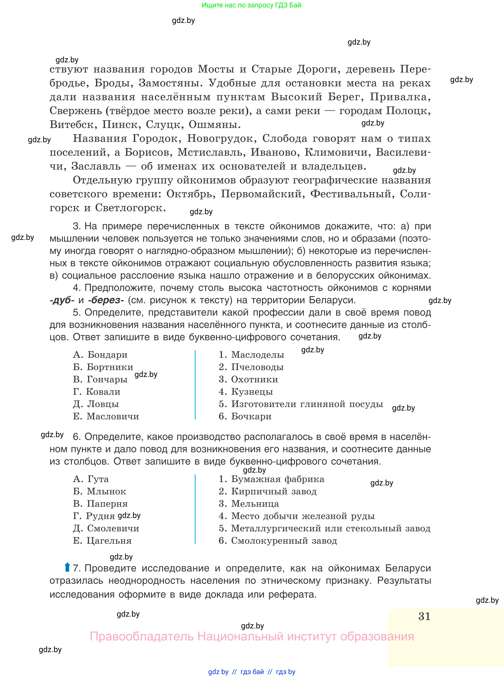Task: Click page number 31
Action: pos(424,616)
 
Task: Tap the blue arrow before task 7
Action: pos(67,567)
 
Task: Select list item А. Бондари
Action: pos(100,355)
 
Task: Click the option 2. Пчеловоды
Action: pos(251,367)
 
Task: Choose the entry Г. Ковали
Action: pos(97,392)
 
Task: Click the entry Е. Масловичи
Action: pos(106,416)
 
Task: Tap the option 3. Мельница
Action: pos(249,504)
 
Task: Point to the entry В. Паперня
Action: pos(100,504)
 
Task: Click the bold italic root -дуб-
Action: pos(62,300)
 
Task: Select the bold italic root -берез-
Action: pos(106,300)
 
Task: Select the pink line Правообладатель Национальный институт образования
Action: pos(252,637)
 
